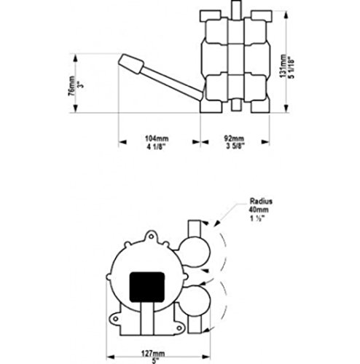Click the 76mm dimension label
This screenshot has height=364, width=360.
pyautogui.click(x=71, y=86)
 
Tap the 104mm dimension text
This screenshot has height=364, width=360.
pyautogui.click(x=157, y=138)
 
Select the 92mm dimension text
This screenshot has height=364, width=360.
pyautogui.click(x=234, y=138)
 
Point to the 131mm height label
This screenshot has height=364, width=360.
pyautogui.click(x=283, y=66)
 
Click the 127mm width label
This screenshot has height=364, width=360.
pyautogui.click(x=153, y=354)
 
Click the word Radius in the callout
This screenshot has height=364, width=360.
pyautogui.click(x=261, y=201)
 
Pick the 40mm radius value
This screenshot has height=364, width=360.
pyautogui.click(x=259, y=210)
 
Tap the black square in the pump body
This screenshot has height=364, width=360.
pyautogui.click(x=147, y=288)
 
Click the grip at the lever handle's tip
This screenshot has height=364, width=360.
pyautogui.click(x=131, y=64)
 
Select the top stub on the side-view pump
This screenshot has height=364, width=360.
pyautogui.click(x=236, y=9)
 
